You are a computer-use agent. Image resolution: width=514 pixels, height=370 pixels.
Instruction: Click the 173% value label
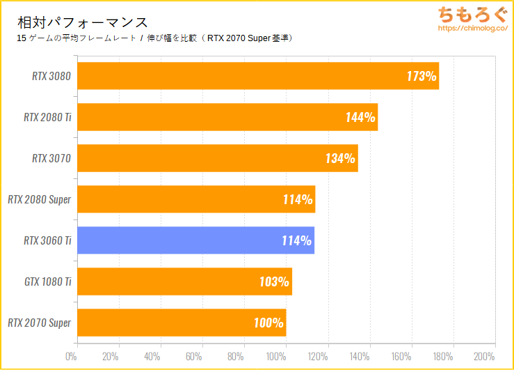(421, 76)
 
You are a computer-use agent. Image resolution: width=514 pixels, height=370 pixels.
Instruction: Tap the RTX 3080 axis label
(51, 76)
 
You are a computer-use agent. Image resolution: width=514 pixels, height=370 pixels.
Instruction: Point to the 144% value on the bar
(360, 117)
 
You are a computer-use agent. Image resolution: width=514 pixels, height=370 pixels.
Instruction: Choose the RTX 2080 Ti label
(47, 117)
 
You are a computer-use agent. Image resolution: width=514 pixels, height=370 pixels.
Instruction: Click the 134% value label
(340, 158)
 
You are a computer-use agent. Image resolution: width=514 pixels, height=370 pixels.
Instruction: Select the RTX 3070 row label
(51, 158)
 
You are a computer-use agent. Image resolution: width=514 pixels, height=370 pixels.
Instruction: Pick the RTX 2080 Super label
(40, 199)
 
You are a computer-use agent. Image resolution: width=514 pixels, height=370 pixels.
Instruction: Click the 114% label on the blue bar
(297, 240)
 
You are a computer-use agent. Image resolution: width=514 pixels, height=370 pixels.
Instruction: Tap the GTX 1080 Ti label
(47, 282)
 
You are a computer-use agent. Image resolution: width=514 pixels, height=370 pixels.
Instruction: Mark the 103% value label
(275, 282)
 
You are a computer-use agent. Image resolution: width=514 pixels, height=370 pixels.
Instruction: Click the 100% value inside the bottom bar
(268, 323)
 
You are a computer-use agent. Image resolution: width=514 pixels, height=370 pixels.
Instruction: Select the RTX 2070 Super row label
(40, 323)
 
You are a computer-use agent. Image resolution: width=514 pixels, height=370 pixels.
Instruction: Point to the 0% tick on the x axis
(71, 357)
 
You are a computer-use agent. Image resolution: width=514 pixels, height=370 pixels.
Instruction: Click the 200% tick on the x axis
(484, 357)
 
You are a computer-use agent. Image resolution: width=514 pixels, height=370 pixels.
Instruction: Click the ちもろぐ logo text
(470, 15)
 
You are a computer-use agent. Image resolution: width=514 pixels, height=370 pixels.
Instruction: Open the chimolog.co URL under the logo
(470, 31)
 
